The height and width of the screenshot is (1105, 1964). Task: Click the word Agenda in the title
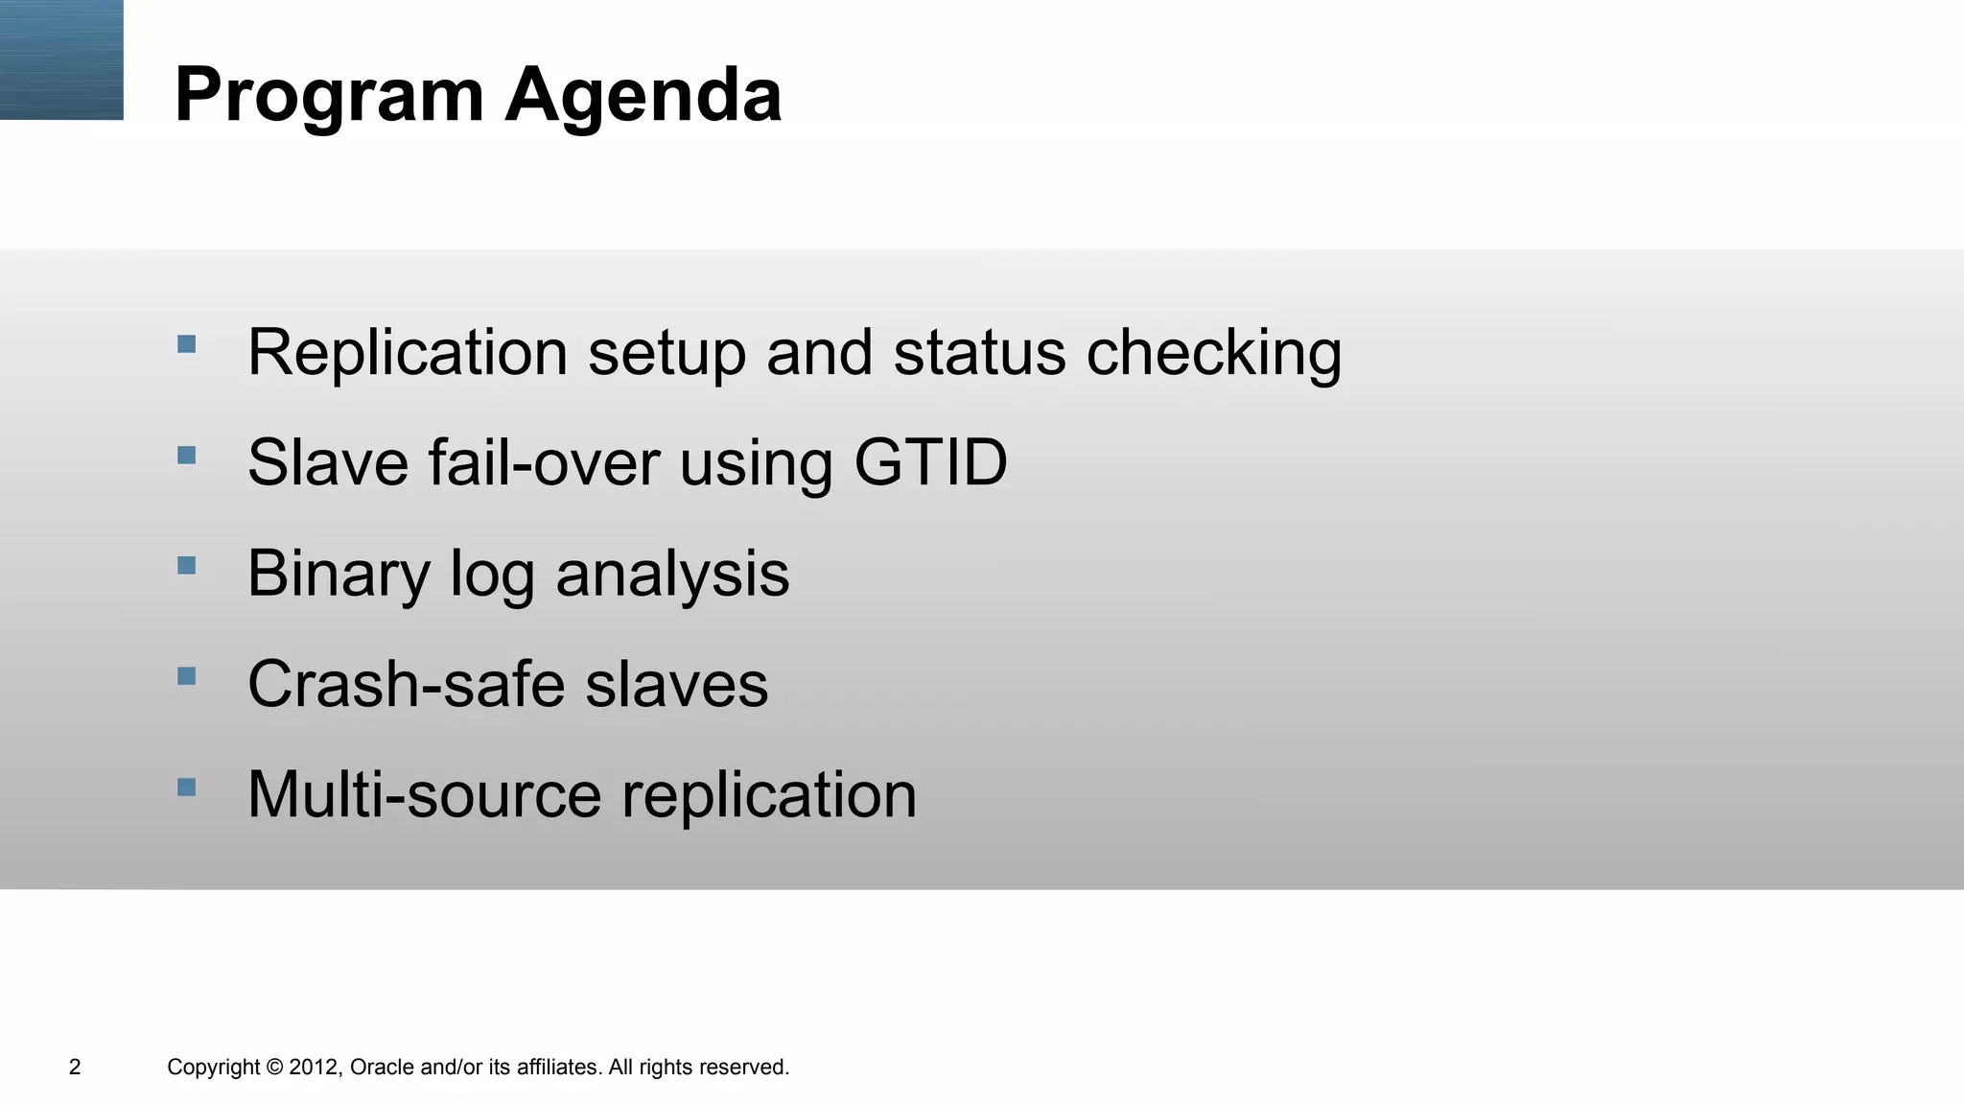coord(643,96)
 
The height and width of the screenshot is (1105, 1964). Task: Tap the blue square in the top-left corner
coord(61,59)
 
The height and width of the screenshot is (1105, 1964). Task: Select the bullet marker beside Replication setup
coord(187,343)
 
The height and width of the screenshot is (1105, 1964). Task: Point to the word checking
coord(1213,353)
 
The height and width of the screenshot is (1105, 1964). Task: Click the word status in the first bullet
coord(979,352)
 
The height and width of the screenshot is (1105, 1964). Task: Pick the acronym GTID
coord(930,462)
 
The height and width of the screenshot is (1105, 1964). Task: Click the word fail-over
coord(544,462)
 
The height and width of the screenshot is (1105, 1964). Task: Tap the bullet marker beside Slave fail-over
coord(187,455)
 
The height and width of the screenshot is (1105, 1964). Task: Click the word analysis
coord(672,574)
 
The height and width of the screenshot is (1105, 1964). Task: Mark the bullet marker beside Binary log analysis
coord(187,566)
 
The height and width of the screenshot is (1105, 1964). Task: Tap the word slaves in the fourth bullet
coord(676,684)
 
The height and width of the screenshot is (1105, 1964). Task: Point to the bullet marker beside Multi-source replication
coord(187,788)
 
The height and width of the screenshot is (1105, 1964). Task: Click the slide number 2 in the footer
coord(75,1067)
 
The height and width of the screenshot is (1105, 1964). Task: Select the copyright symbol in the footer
coord(274,1067)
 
